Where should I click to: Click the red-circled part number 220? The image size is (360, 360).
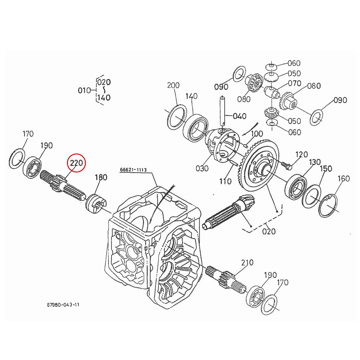(x=76, y=163)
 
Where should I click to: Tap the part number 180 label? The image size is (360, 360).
(x=101, y=177)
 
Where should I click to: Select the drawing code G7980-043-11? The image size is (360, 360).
(x=63, y=304)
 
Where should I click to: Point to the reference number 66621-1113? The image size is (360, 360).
(x=133, y=170)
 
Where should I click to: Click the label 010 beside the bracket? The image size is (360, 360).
(x=84, y=90)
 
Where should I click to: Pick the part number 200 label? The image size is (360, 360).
(x=173, y=85)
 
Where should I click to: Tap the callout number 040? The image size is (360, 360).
(x=240, y=116)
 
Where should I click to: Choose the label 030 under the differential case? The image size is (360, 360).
(x=202, y=168)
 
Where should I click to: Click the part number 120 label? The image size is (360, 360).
(x=301, y=154)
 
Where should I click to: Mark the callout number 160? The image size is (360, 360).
(x=343, y=178)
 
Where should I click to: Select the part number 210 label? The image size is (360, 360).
(x=247, y=263)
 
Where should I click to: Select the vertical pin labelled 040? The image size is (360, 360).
(x=223, y=112)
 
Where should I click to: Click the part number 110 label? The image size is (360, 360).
(x=225, y=181)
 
